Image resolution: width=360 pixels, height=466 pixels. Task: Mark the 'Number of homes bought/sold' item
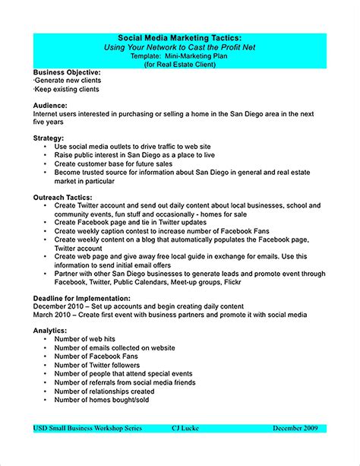tap(103, 398)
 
